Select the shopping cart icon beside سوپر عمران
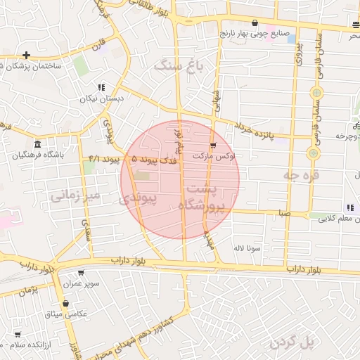point(82,274)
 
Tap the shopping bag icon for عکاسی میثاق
point(65,304)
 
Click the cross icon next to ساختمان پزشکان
point(26,55)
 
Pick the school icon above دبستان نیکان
point(102,88)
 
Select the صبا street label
point(282,211)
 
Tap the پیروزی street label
point(298,53)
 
